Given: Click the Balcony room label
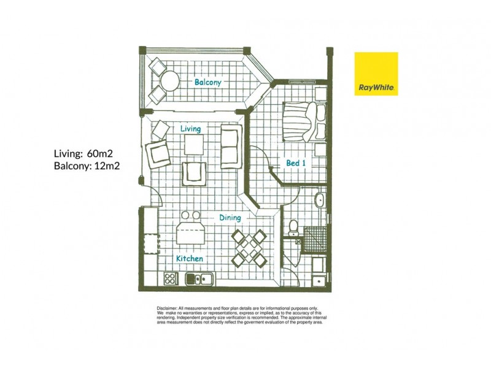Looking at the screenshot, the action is click(207, 82).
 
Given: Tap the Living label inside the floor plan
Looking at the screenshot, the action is click(190, 129).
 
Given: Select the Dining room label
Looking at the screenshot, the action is click(230, 218).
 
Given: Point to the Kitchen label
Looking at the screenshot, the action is click(190, 258).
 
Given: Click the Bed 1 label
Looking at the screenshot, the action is click(296, 163).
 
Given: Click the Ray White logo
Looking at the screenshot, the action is click(376, 74).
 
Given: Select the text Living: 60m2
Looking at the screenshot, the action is click(83, 154).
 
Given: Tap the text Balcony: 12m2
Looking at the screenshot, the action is click(87, 166).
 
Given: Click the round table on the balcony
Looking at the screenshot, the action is click(169, 81).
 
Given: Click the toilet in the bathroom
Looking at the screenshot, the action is click(293, 228).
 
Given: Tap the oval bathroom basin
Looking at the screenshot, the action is click(320, 200).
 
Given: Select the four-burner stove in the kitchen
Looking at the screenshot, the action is click(171, 278).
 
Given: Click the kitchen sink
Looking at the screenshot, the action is click(200, 278).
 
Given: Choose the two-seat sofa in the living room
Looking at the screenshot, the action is click(231, 147).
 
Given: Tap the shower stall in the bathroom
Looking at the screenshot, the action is click(315, 239).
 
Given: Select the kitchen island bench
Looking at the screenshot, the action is click(191, 233).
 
